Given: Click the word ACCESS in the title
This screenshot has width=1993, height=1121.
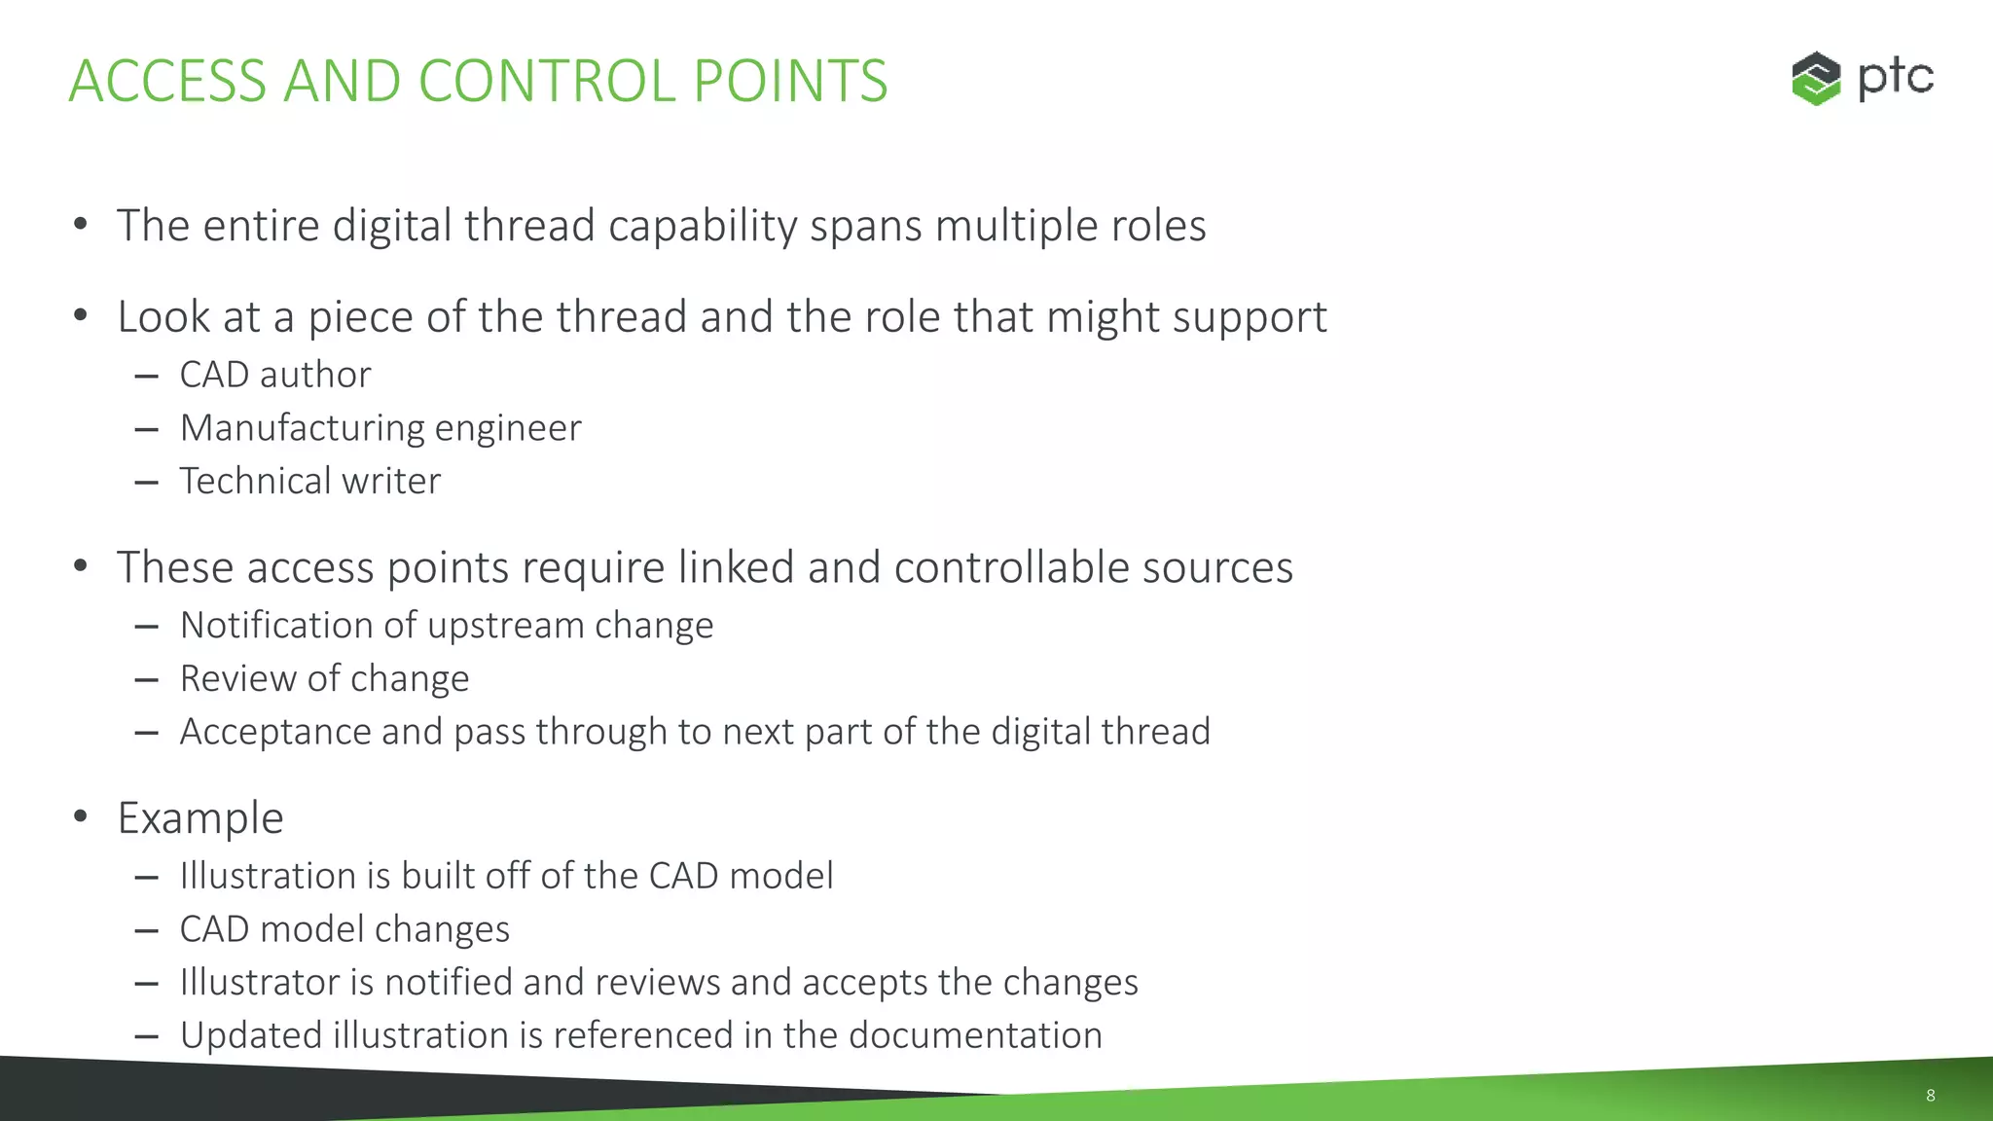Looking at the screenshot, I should point(167,81).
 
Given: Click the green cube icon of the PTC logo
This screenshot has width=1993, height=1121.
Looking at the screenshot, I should point(1816,78).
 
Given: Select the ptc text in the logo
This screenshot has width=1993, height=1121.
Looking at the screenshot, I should point(1895,78).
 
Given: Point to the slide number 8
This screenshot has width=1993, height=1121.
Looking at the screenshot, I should point(1931,1096).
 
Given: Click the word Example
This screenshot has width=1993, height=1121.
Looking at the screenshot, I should point(200,818).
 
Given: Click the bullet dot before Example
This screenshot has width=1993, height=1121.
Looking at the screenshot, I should point(81,816).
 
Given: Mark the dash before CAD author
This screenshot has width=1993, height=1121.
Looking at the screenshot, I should point(147,376).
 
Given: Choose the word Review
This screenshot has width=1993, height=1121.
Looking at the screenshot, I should point(237,678).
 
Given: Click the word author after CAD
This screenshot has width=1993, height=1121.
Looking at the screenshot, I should point(315,375).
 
